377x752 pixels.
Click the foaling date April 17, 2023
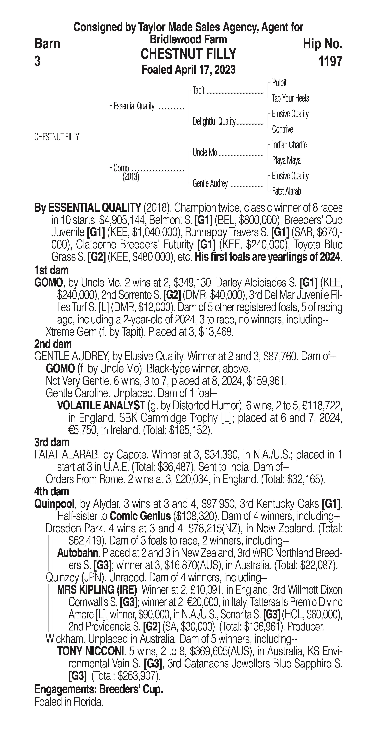(x=205, y=70)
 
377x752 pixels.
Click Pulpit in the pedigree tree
(x=279, y=83)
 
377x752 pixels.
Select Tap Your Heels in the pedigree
(x=290, y=98)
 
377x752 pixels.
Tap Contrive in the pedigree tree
(x=282, y=129)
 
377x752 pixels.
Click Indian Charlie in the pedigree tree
(x=289, y=145)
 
